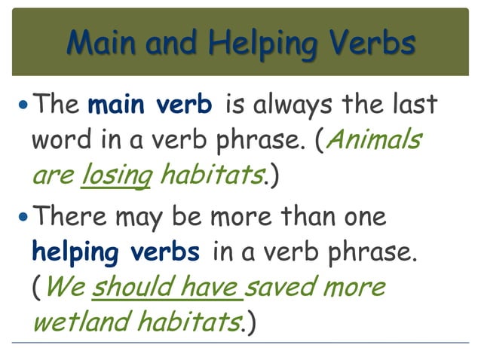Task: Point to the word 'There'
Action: [x=69, y=218]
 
